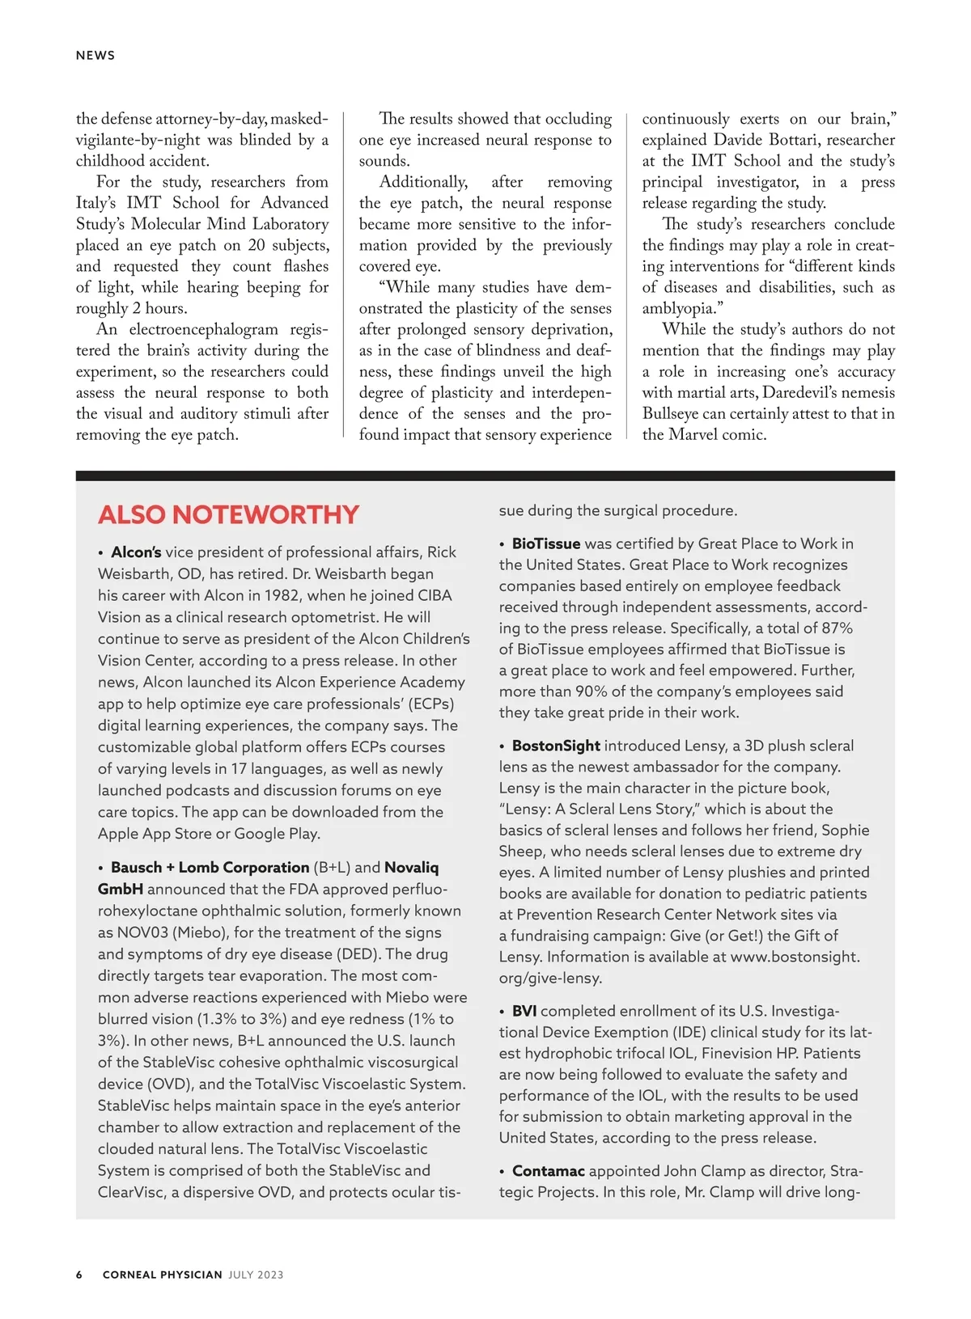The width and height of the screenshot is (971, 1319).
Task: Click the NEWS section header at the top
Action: click(95, 56)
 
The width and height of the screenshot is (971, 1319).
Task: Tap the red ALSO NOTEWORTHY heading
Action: click(228, 515)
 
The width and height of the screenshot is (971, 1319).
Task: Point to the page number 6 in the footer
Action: click(79, 1275)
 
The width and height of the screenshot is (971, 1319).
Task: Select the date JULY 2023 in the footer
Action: click(256, 1275)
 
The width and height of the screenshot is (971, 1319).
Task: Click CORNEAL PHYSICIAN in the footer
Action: click(162, 1275)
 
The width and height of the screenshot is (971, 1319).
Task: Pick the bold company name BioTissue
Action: click(546, 544)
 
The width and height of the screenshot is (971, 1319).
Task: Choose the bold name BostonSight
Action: click(556, 746)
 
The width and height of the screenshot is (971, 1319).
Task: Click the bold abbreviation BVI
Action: click(524, 1011)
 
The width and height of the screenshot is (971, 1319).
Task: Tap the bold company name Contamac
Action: click(548, 1171)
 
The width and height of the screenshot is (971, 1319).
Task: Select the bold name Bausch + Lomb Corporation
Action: click(210, 868)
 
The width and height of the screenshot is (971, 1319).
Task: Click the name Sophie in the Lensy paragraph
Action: click(846, 831)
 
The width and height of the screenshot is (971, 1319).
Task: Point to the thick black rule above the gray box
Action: click(485, 476)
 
